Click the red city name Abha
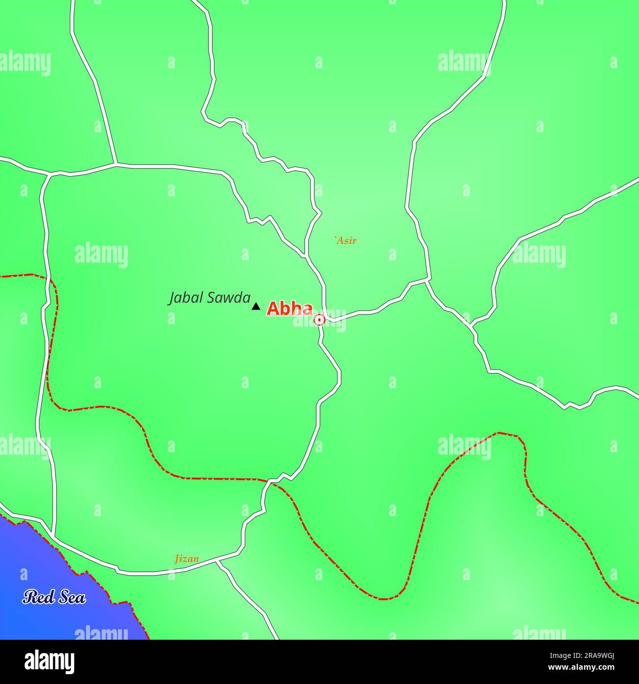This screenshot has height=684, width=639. coord(290,309)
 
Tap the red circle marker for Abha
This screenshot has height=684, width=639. coord(319,320)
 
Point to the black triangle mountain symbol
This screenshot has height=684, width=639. coord(256,307)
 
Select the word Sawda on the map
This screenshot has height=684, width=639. coord(228,298)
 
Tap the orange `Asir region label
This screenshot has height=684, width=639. coord(345,241)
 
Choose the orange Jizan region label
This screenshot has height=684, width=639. coord(187,559)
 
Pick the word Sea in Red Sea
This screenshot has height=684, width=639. coord(72,597)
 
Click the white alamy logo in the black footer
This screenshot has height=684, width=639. coord(50,661)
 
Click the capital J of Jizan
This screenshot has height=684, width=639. coord(177,559)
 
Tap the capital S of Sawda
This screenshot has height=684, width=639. coord(212,298)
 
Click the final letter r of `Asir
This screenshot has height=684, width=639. coord(354,241)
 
